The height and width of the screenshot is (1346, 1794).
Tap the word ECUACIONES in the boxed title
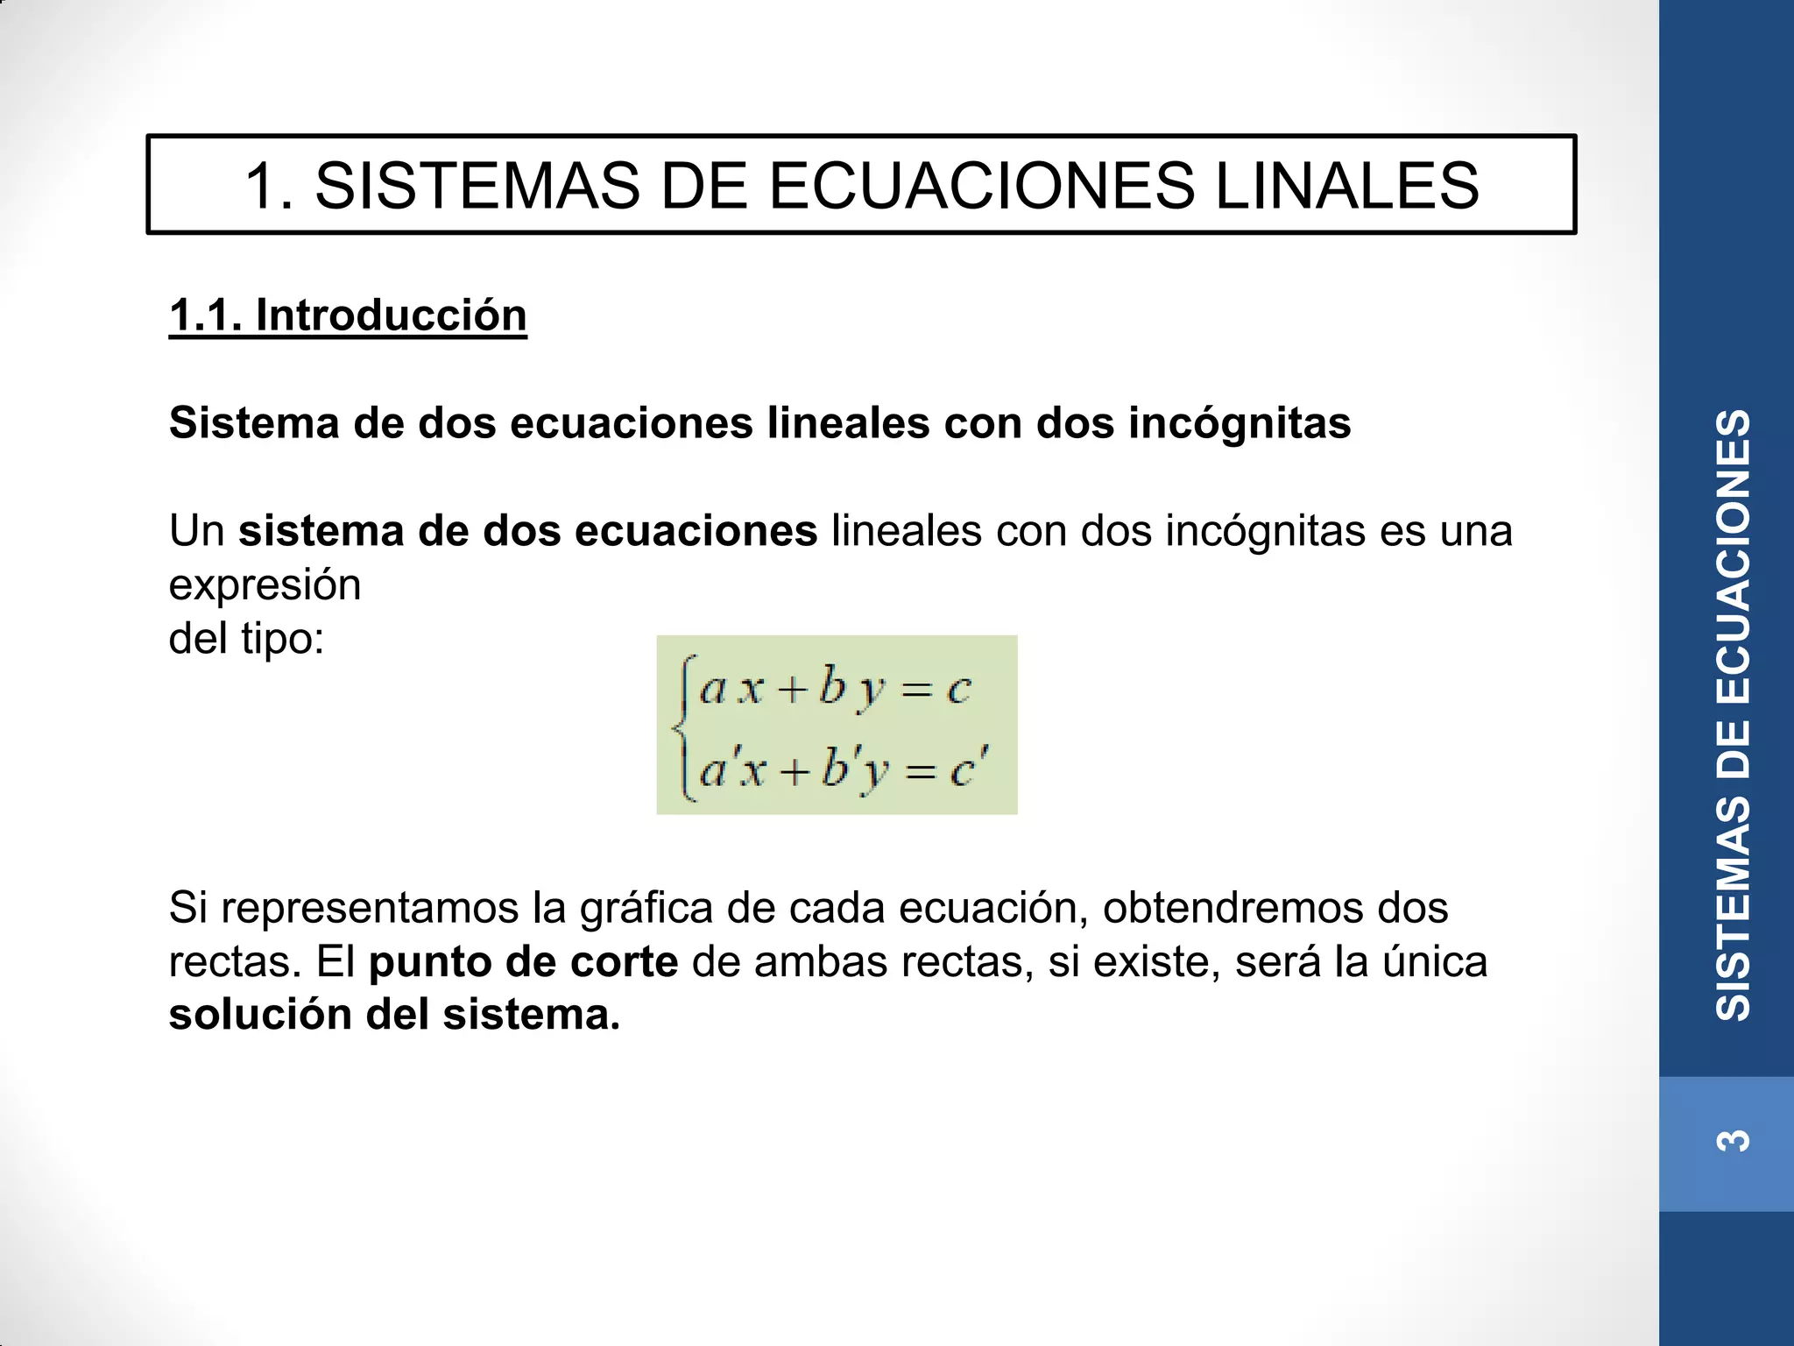coord(981,186)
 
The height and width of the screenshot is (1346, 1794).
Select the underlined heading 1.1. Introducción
coord(348,315)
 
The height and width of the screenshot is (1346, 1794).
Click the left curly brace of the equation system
coord(684,726)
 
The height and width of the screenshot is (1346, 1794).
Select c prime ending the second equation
coord(968,769)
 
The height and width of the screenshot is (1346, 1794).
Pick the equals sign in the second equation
coord(921,771)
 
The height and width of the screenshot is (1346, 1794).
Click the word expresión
coord(265,584)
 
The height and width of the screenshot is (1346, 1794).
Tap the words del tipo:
coord(246,638)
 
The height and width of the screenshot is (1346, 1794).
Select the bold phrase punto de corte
coord(523,961)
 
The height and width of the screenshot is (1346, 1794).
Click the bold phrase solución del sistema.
coord(394,1015)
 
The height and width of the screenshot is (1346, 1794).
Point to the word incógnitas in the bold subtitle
coord(1239,423)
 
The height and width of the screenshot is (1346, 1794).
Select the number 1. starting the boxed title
coord(268,186)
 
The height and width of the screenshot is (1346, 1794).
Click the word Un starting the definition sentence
coord(197,531)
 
